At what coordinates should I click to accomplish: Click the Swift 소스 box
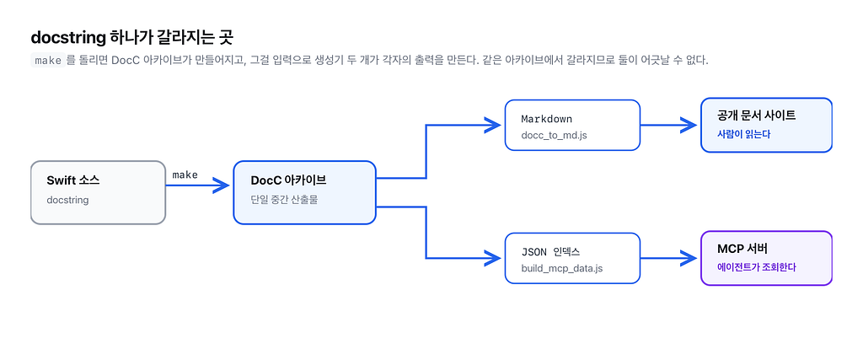coord(98,193)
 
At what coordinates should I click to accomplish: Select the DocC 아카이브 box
coord(304,193)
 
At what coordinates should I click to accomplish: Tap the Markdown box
coord(572,125)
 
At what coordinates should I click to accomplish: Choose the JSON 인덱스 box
coord(572,258)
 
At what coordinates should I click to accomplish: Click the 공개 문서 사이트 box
coord(766,125)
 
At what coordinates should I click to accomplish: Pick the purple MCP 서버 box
coord(766,258)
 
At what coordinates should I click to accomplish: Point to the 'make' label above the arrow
coord(185,175)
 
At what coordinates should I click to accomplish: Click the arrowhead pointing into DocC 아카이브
coord(221,185)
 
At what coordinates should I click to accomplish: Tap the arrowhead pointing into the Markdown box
coord(492,125)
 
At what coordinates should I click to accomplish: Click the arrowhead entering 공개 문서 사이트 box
coord(689,125)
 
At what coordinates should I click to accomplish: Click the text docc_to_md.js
coord(555,135)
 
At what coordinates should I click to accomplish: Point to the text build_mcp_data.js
coord(562,269)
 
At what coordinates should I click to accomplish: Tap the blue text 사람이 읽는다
coord(743,134)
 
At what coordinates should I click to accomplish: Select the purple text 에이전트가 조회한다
coord(757,267)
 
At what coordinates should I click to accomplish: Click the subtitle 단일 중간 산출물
coord(284,201)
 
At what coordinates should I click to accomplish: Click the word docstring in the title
coord(68,37)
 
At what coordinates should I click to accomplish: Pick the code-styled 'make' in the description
coord(48,61)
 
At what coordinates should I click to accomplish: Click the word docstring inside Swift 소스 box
coord(67,201)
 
